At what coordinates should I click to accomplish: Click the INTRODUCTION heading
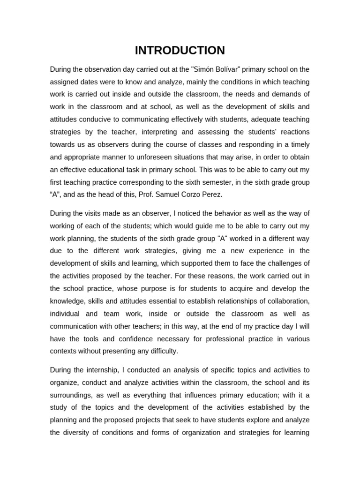180,50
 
